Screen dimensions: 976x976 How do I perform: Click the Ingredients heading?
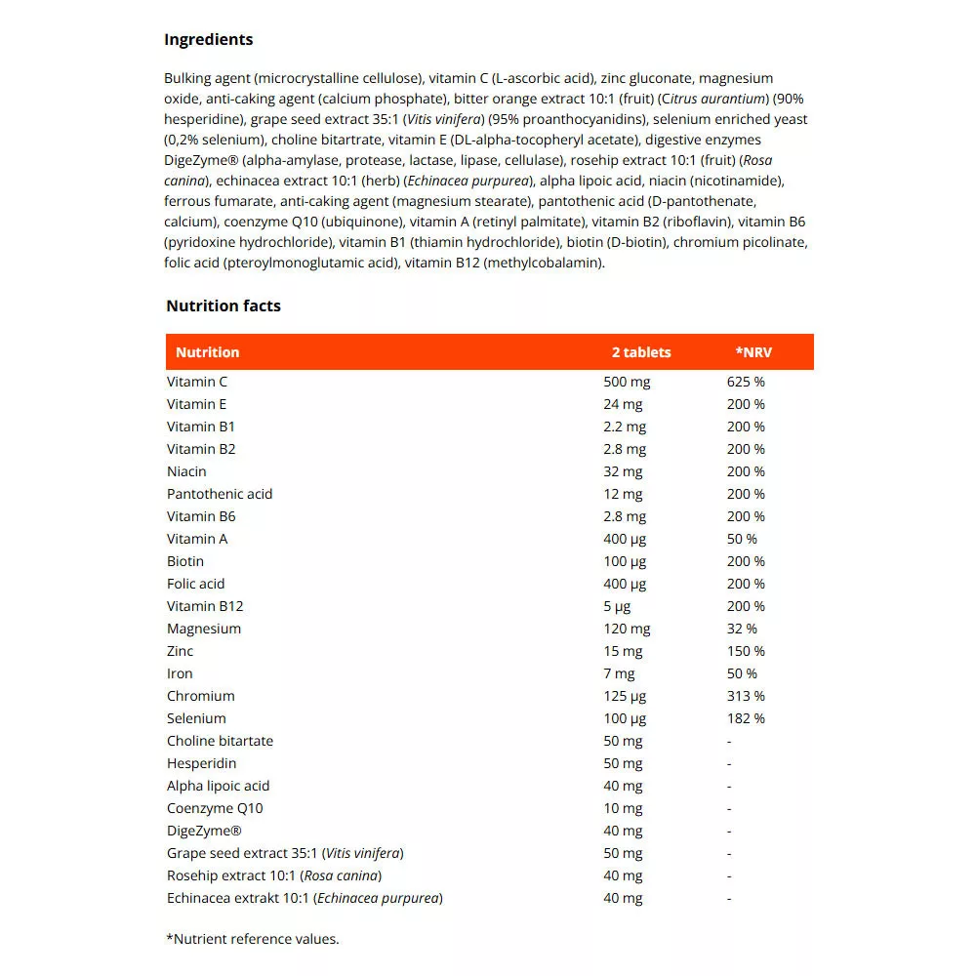pos(208,40)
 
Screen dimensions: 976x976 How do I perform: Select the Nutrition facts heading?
pos(224,306)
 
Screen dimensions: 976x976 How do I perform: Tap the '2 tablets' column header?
pos(641,352)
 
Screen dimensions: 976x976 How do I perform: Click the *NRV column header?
pos(753,352)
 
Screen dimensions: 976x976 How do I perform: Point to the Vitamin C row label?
pos(197,382)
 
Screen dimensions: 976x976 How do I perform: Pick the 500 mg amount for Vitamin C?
pos(627,382)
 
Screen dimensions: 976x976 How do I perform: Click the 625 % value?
pos(746,382)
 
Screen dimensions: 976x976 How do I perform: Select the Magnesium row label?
pos(204,629)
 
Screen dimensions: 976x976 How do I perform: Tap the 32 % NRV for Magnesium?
pos(742,629)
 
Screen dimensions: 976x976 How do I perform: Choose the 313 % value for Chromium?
pos(746,696)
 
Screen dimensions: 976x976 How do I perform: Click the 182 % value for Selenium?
pos(746,718)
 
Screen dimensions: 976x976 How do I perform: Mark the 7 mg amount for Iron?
pos(619,673)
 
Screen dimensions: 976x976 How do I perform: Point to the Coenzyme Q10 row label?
pos(215,808)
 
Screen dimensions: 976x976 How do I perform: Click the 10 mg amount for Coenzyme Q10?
pos(623,808)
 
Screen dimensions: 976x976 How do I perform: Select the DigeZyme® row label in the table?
pos(204,831)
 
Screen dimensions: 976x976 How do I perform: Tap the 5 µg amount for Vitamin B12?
pos(618,606)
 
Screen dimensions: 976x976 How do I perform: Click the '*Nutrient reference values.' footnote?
pos(253,939)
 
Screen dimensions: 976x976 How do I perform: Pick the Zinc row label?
pos(181,651)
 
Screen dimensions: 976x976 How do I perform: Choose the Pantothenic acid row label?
pos(220,494)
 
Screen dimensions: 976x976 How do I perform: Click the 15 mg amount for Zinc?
pos(623,651)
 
